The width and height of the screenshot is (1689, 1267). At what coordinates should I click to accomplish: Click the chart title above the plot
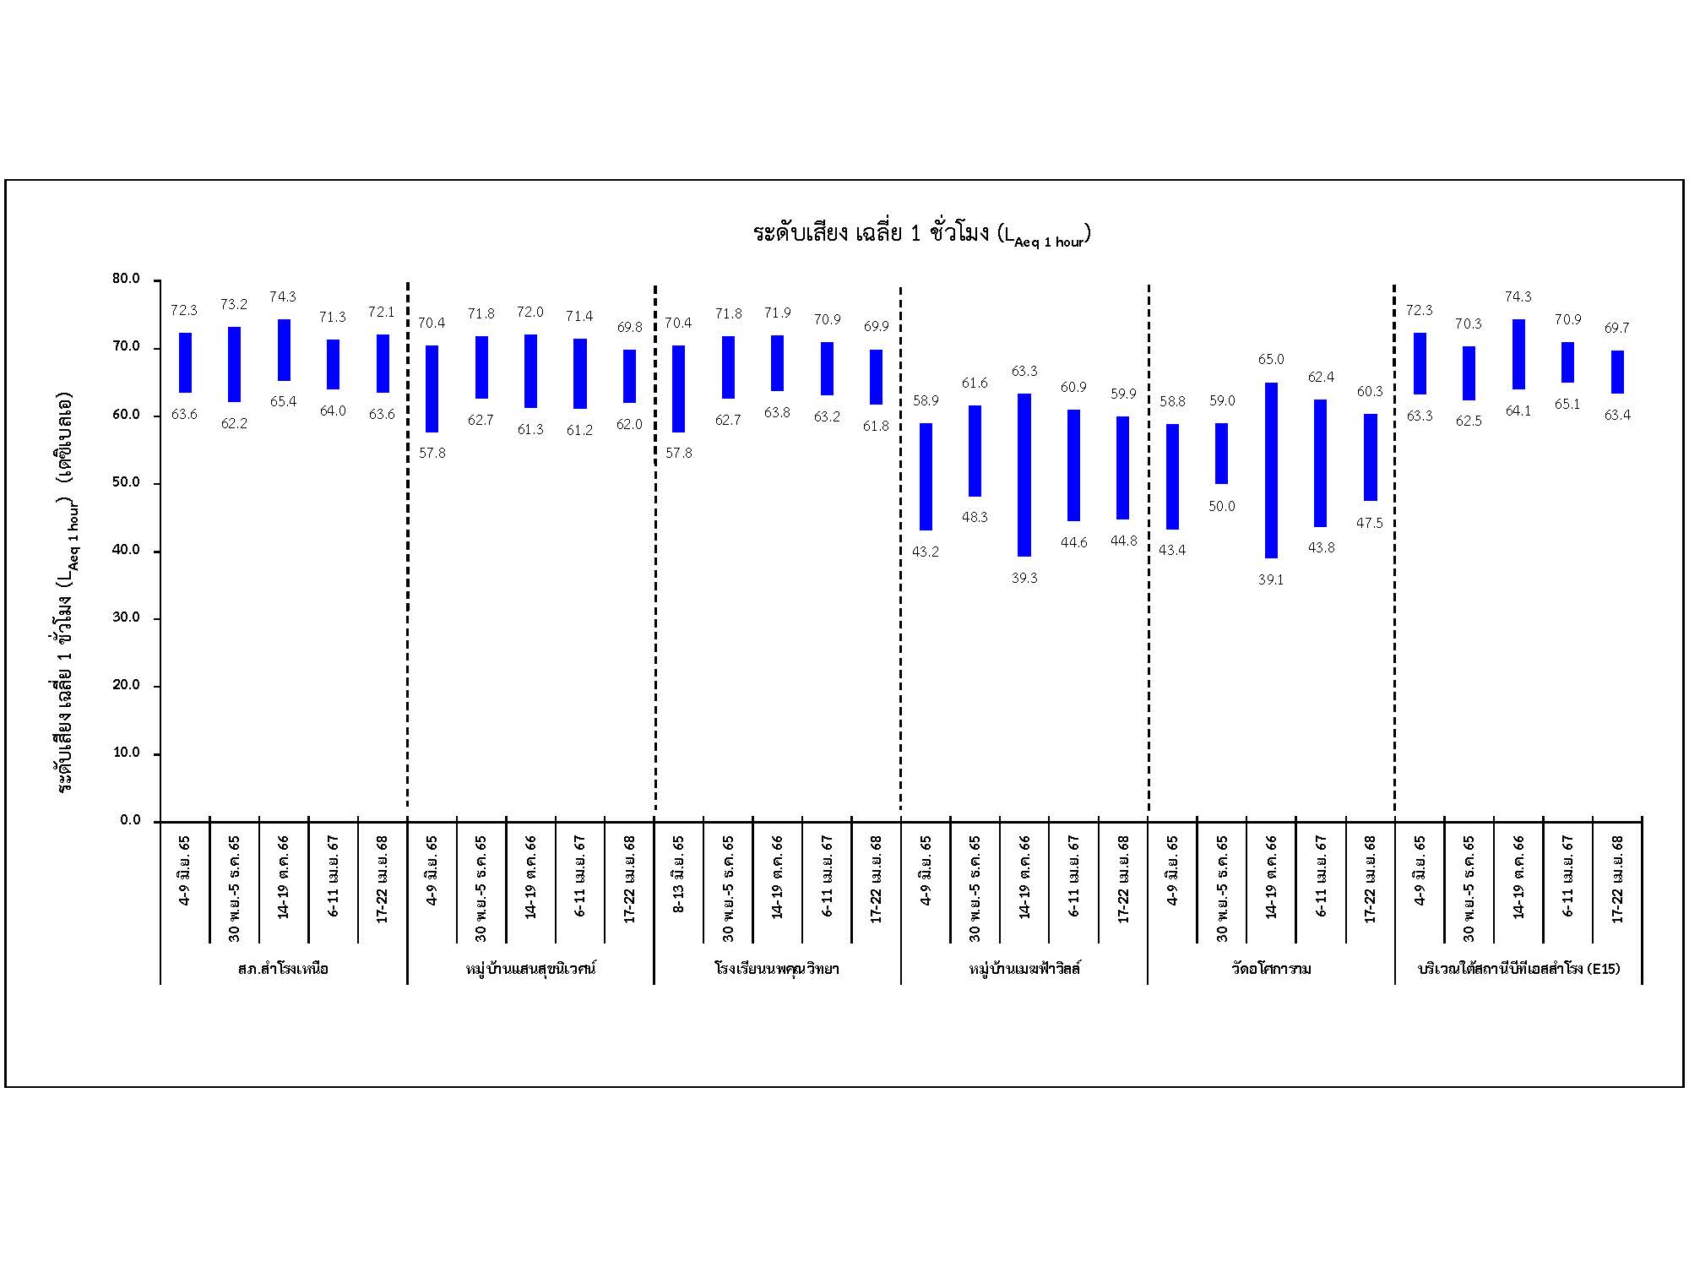click(x=921, y=234)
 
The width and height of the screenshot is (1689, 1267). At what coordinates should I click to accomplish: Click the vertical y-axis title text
click(x=66, y=591)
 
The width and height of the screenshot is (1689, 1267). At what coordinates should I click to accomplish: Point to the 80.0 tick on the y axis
click(x=126, y=280)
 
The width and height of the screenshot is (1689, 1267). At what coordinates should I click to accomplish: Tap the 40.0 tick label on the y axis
click(x=126, y=550)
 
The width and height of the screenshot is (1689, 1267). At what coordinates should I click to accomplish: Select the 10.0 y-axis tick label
click(x=126, y=753)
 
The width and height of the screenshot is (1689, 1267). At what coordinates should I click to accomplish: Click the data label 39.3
click(x=1024, y=579)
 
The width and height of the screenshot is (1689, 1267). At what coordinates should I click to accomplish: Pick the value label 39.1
click(x=1270, y=580)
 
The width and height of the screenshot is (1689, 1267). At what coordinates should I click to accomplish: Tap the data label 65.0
click(x=1270, y=360)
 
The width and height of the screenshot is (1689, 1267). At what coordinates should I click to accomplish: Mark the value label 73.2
click(x=234, y=305)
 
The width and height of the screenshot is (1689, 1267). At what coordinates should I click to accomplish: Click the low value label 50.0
click(x=1221, y=507)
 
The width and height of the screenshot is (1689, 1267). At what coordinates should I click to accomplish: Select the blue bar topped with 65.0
click(x=1271, y=470)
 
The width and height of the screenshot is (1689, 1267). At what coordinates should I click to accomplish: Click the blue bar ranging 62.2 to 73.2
click(x=234, y=364)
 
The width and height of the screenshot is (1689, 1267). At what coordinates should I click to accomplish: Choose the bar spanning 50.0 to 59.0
click(x=1221, y=453)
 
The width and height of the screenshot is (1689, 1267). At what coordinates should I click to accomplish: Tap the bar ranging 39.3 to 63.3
click(x=1024, y=475)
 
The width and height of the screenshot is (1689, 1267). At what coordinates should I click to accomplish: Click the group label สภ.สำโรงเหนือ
click(x=283, y=969)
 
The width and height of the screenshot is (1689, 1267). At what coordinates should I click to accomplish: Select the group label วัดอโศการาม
click(x=1271, y=969)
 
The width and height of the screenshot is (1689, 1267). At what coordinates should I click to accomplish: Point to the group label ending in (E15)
click(x=1518, y=969)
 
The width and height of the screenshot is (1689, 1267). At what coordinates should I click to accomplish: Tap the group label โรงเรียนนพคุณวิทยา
click(x=777, y=969)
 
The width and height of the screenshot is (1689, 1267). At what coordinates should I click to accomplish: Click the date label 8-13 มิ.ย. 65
click(x=679, y=875)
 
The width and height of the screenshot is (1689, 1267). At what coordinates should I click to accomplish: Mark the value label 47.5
click(x=1369, y=524)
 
